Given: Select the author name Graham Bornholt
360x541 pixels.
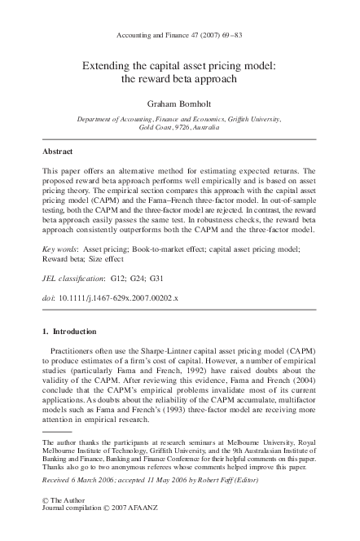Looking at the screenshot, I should click(178, 104).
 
